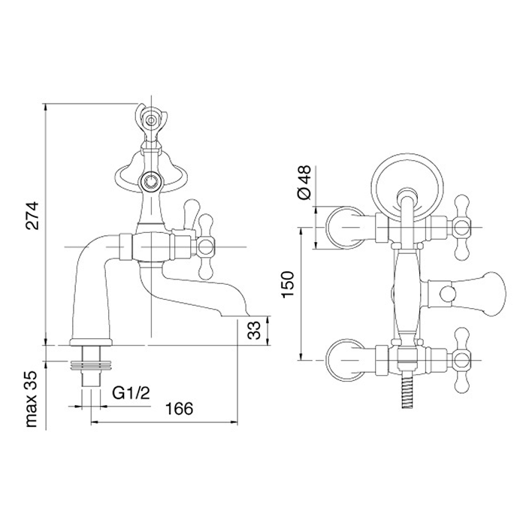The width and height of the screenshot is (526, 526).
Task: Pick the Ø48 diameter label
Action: tap(304, 182)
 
